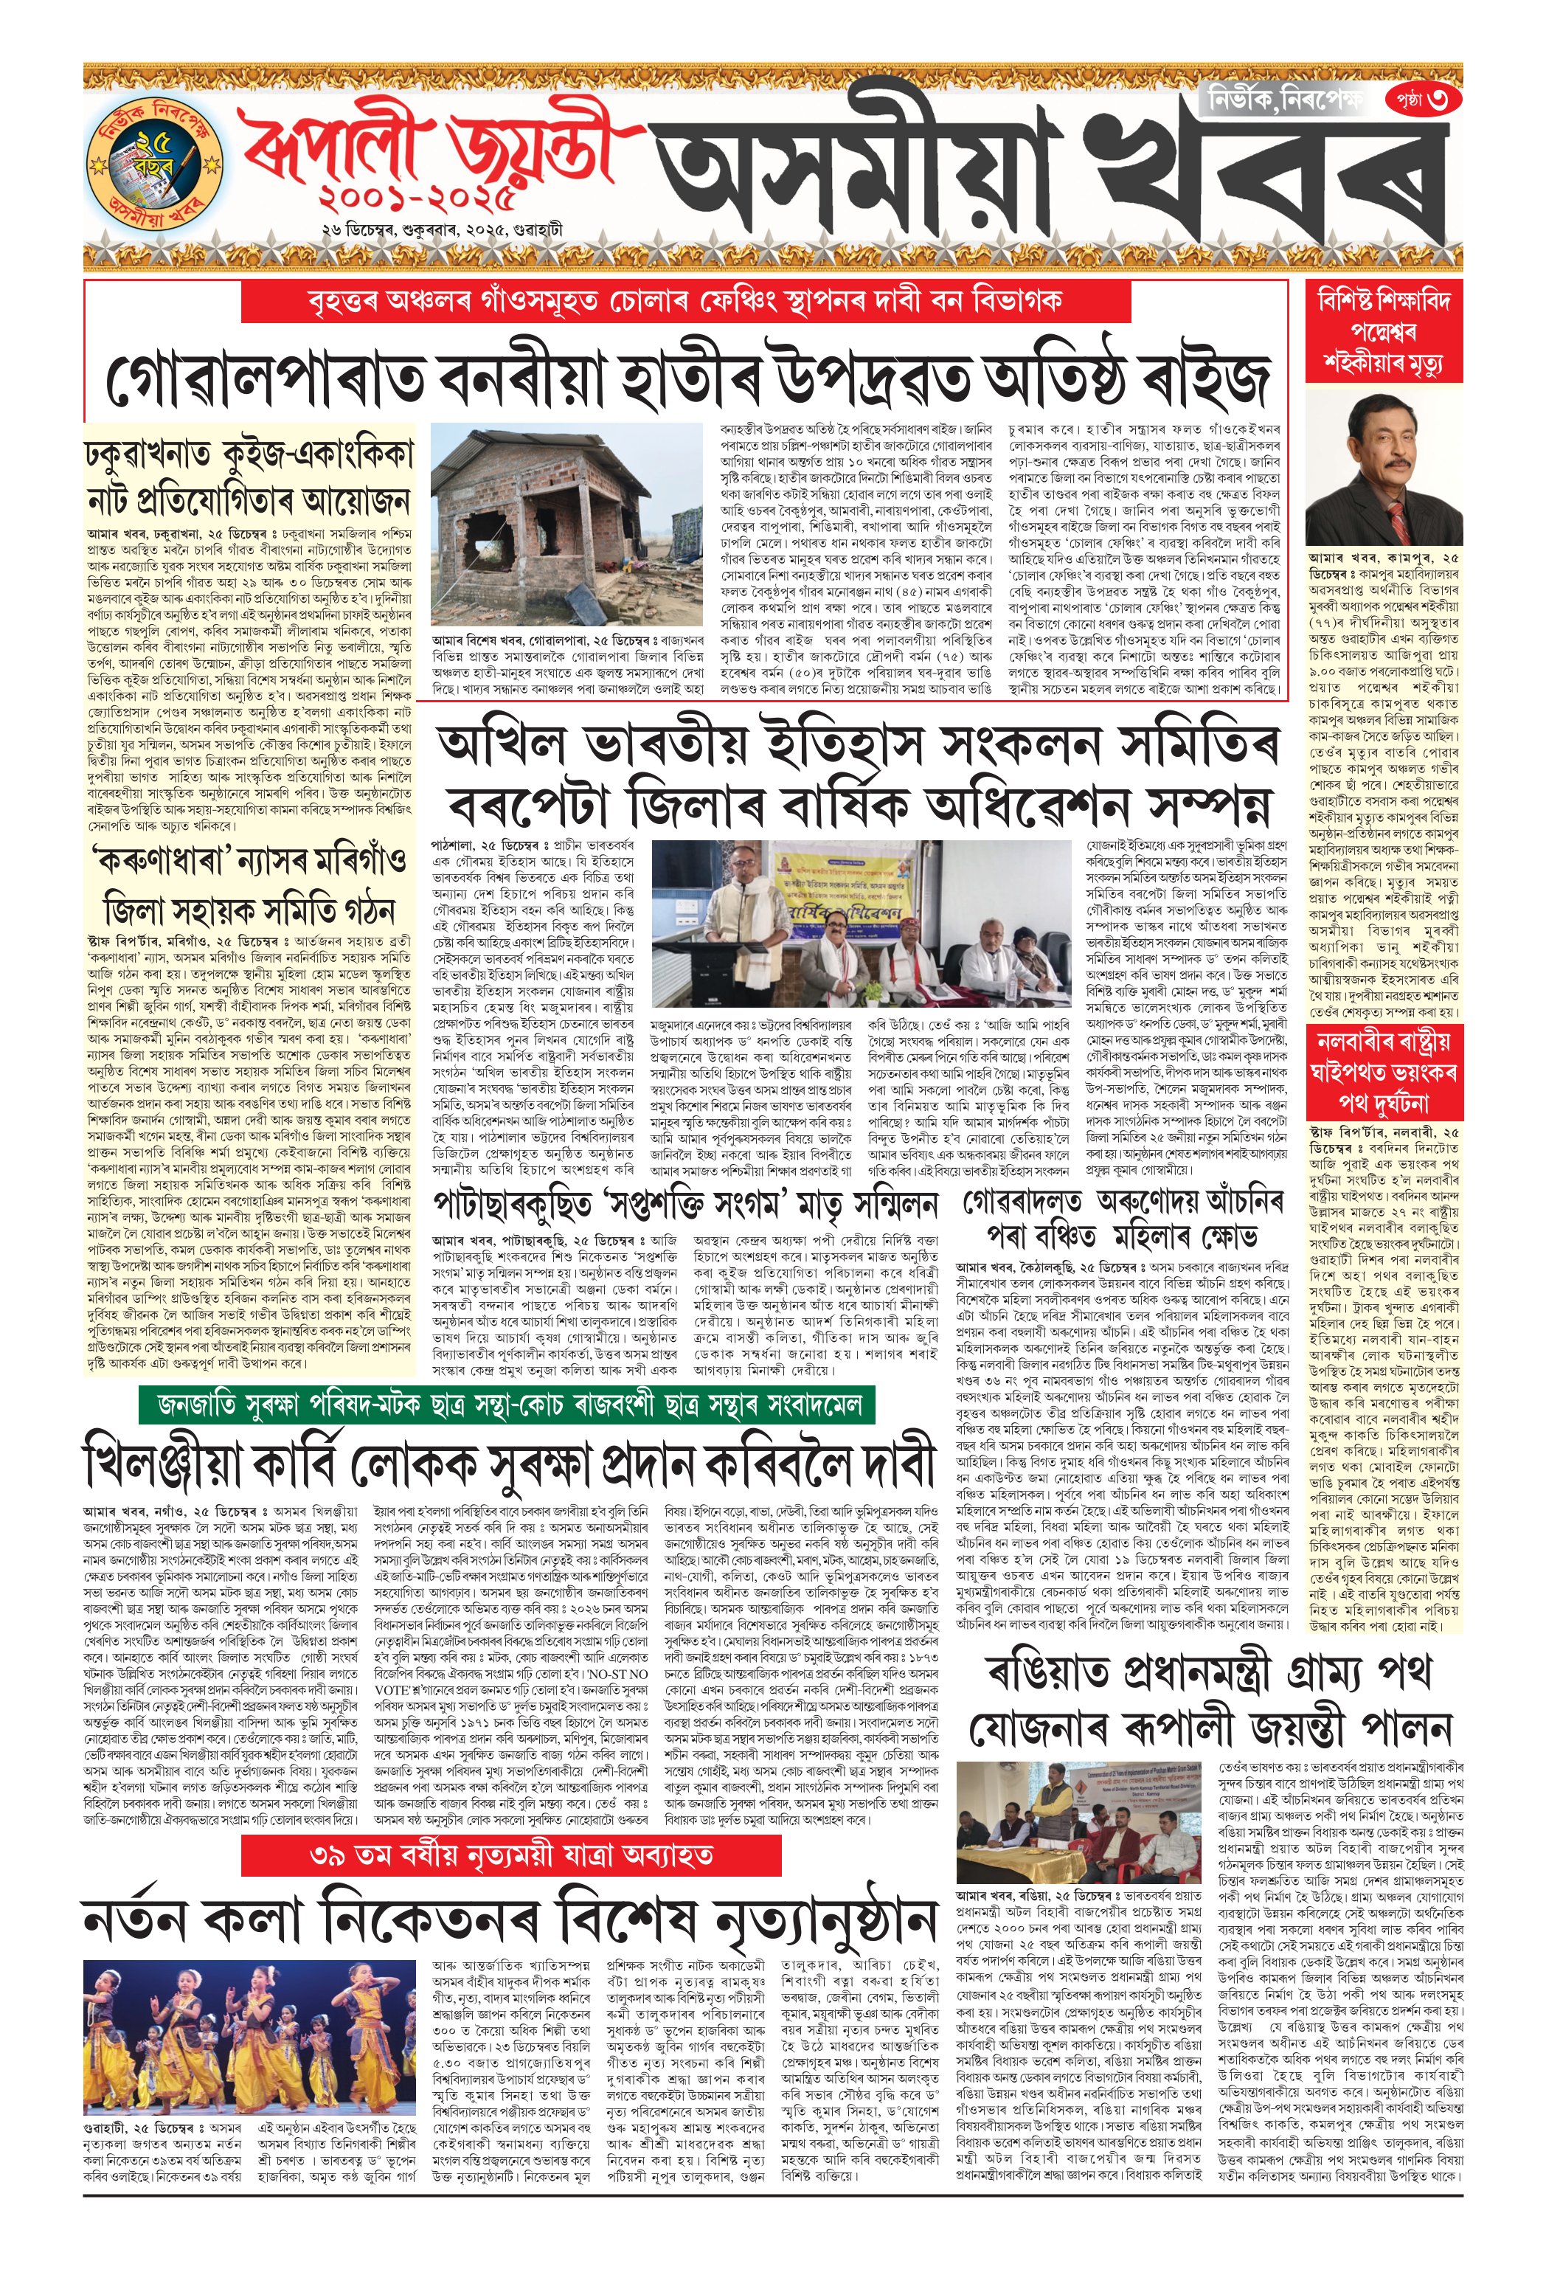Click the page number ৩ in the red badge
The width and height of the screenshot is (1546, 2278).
(x=1424, y=100)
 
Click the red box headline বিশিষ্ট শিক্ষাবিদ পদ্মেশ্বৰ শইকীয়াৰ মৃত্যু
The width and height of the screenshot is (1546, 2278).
(x=1383, y=331)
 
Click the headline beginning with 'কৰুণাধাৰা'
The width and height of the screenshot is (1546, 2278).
(x=247, y=882)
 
